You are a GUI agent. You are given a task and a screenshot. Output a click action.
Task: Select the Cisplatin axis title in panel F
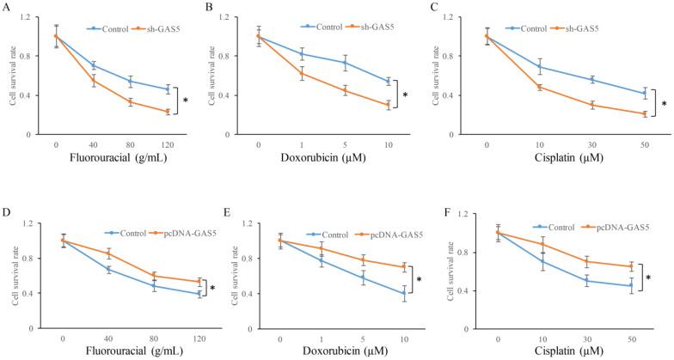pyautogui.click(x=559, y=352)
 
